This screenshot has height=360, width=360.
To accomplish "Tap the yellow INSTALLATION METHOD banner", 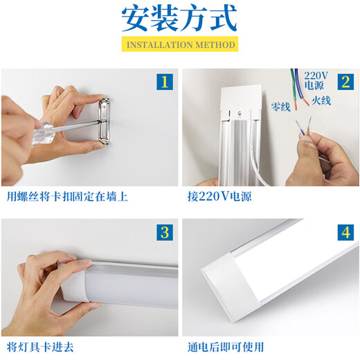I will point(179,45).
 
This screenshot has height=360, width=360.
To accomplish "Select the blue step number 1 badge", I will point(163,83).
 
